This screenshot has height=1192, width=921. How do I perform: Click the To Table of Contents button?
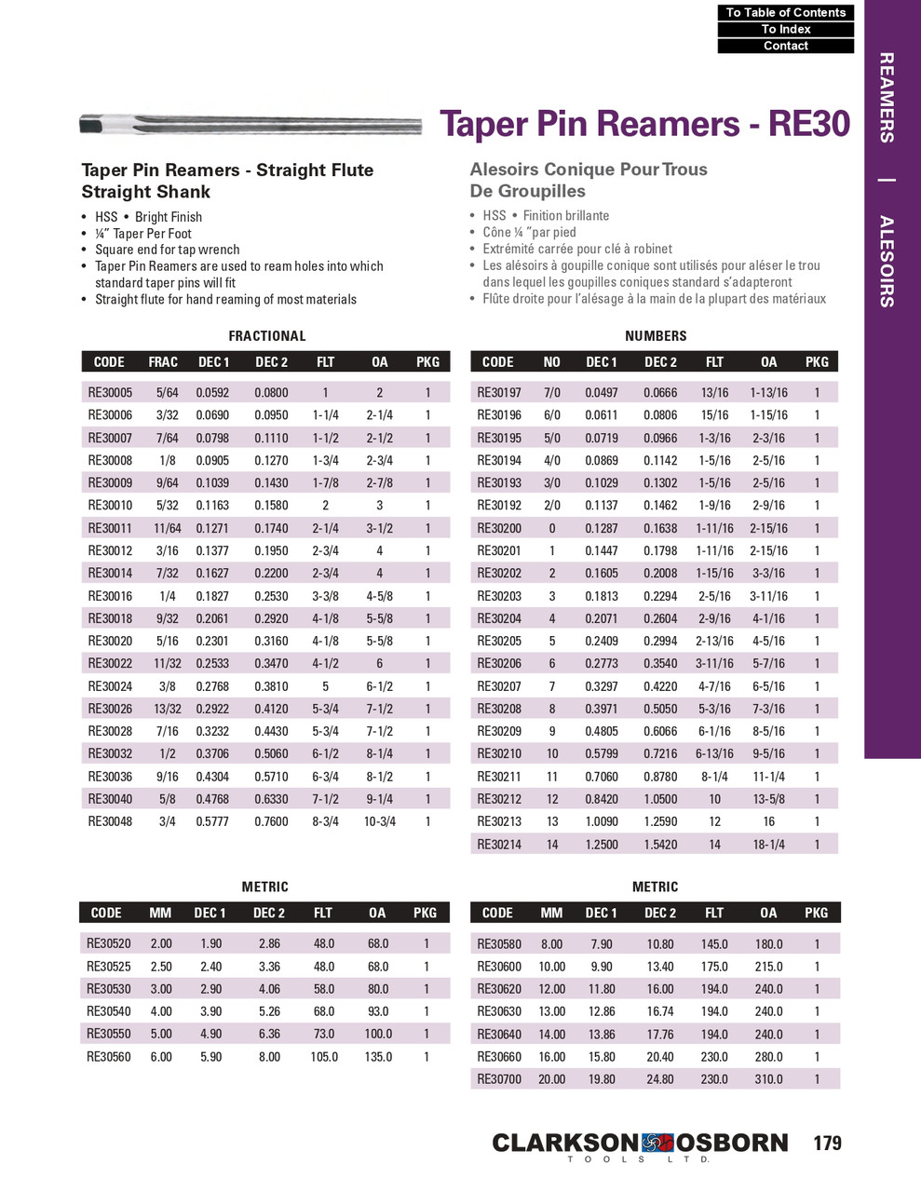tap(785, 12)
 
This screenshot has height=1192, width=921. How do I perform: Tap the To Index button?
tap(785, 29)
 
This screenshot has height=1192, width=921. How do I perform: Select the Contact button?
tap(785, 46)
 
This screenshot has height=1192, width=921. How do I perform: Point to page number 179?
tap(827, 1143)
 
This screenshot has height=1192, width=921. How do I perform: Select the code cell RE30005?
tap(110, 393)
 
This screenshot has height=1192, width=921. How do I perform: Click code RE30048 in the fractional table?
tap(110, 821)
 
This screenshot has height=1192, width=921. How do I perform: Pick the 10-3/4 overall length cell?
tap(379, 821)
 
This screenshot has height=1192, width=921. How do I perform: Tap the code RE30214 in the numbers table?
tap(499, 845)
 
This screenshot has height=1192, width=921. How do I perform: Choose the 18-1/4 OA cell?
tap(768, 845)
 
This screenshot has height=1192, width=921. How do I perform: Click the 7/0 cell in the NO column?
tap(552, 393)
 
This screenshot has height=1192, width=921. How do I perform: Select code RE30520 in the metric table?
tap(109, 943)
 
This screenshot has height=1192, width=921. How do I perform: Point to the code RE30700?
tap(499, 1079)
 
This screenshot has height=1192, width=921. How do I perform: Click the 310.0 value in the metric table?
tap(768, 1079)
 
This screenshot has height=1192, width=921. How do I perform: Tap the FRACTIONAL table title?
tap(266, 336)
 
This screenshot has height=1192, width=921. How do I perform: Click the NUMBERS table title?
tap(656, 336)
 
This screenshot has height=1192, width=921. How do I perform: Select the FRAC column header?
tap(163, 362)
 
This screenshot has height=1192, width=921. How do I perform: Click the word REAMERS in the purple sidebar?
tap(887, 98)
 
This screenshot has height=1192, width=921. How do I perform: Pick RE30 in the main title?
tap(809, 124)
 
